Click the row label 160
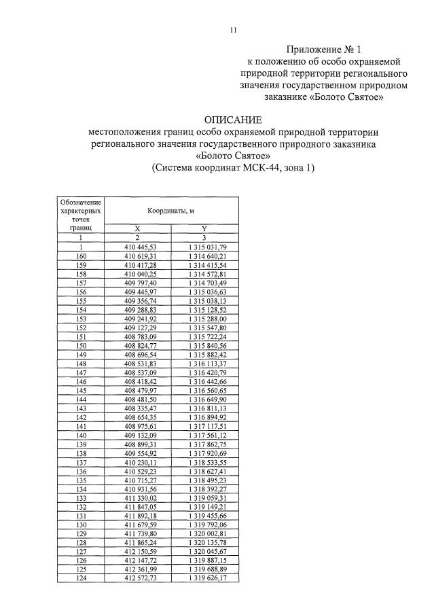(81, 256)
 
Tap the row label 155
(81, 300)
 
